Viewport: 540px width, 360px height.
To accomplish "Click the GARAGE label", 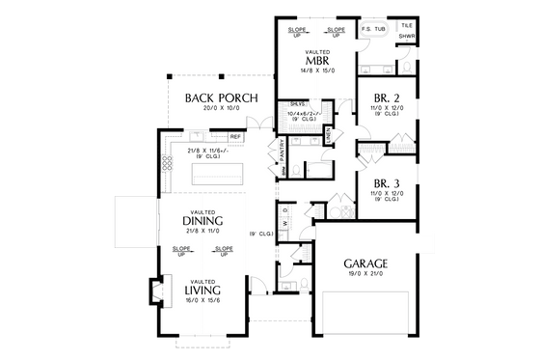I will [365, 263].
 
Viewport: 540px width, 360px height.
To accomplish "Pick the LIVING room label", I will [202, 290].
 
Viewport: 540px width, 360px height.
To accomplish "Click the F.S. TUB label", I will [373, 30].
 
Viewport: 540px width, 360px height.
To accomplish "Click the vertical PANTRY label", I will [283, 150].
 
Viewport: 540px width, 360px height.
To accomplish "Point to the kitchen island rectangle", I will [217, 175].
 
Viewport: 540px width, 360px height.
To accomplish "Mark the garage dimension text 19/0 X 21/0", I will [365, 275].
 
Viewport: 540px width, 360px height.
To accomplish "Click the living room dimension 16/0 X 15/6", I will [202, 301].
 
